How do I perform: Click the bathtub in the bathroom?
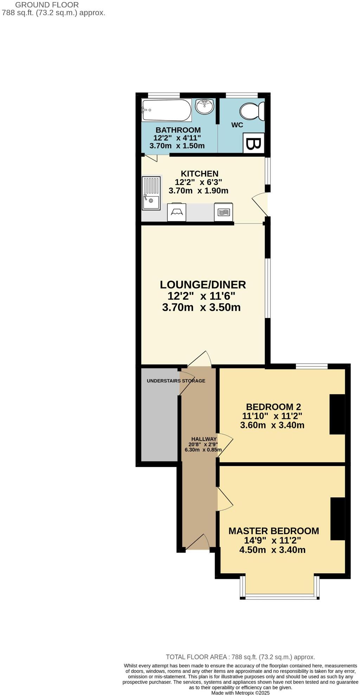coord(166,110)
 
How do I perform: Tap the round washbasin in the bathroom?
coord(204,106)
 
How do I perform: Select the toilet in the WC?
coord(252,111)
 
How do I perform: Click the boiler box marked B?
coord(253,143)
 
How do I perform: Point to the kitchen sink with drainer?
coord(151,193)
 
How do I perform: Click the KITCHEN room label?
coord(199,173)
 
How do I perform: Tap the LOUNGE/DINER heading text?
coord(202,285)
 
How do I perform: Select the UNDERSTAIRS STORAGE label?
coord(176,381)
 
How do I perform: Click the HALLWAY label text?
coord(204,439)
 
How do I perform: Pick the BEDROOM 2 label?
coord(273,407)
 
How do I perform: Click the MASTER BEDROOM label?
coord(274,531)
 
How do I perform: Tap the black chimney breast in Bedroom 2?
coord(337,414)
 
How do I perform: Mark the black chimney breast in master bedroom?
coord(337,519)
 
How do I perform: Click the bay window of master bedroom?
coord(280,596)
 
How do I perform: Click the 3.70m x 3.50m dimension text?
coord(201,307)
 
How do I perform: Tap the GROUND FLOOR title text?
coord(47,5)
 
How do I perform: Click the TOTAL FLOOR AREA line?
coord(240,657)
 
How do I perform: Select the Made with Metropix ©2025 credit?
coord(240,693)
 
